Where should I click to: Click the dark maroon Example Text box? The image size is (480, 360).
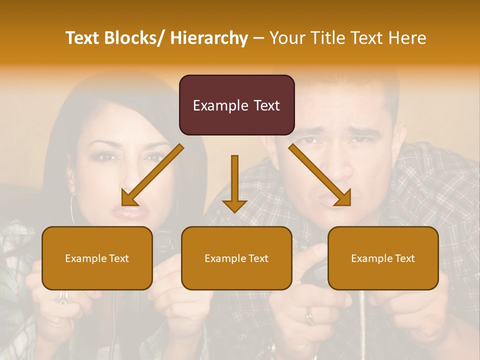236,105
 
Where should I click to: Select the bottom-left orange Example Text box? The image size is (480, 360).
97,258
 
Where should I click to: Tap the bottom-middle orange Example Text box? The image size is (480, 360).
236,258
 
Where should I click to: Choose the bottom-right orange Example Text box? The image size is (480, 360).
383,258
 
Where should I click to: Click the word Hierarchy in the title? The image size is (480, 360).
209,38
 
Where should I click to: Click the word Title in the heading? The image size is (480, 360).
327,38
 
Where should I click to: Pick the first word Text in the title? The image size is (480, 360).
82,38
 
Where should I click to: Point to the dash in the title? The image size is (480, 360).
258,38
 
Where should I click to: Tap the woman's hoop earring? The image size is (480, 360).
74,210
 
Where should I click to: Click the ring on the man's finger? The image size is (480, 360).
309,315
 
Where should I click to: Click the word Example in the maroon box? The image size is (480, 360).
215,105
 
